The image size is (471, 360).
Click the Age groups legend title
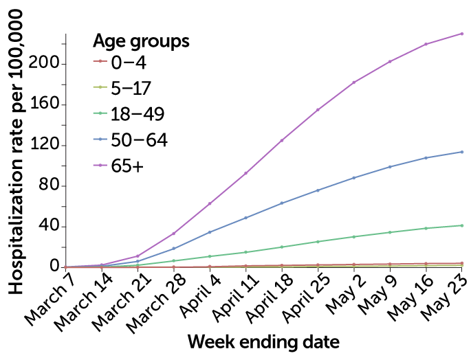tap(141, 41)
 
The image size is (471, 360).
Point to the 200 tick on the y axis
tap(45, 65)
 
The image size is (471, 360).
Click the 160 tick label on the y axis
tap(45, 105)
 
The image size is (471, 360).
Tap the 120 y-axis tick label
tap(45, 146)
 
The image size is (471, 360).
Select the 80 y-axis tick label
tap(50, 186)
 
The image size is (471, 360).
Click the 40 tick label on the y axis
tap(50, 227)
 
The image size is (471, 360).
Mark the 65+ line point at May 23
tap(461, 34)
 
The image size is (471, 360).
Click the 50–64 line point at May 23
tap(461, 152)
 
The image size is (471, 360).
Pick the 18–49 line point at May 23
tap(461, 225)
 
